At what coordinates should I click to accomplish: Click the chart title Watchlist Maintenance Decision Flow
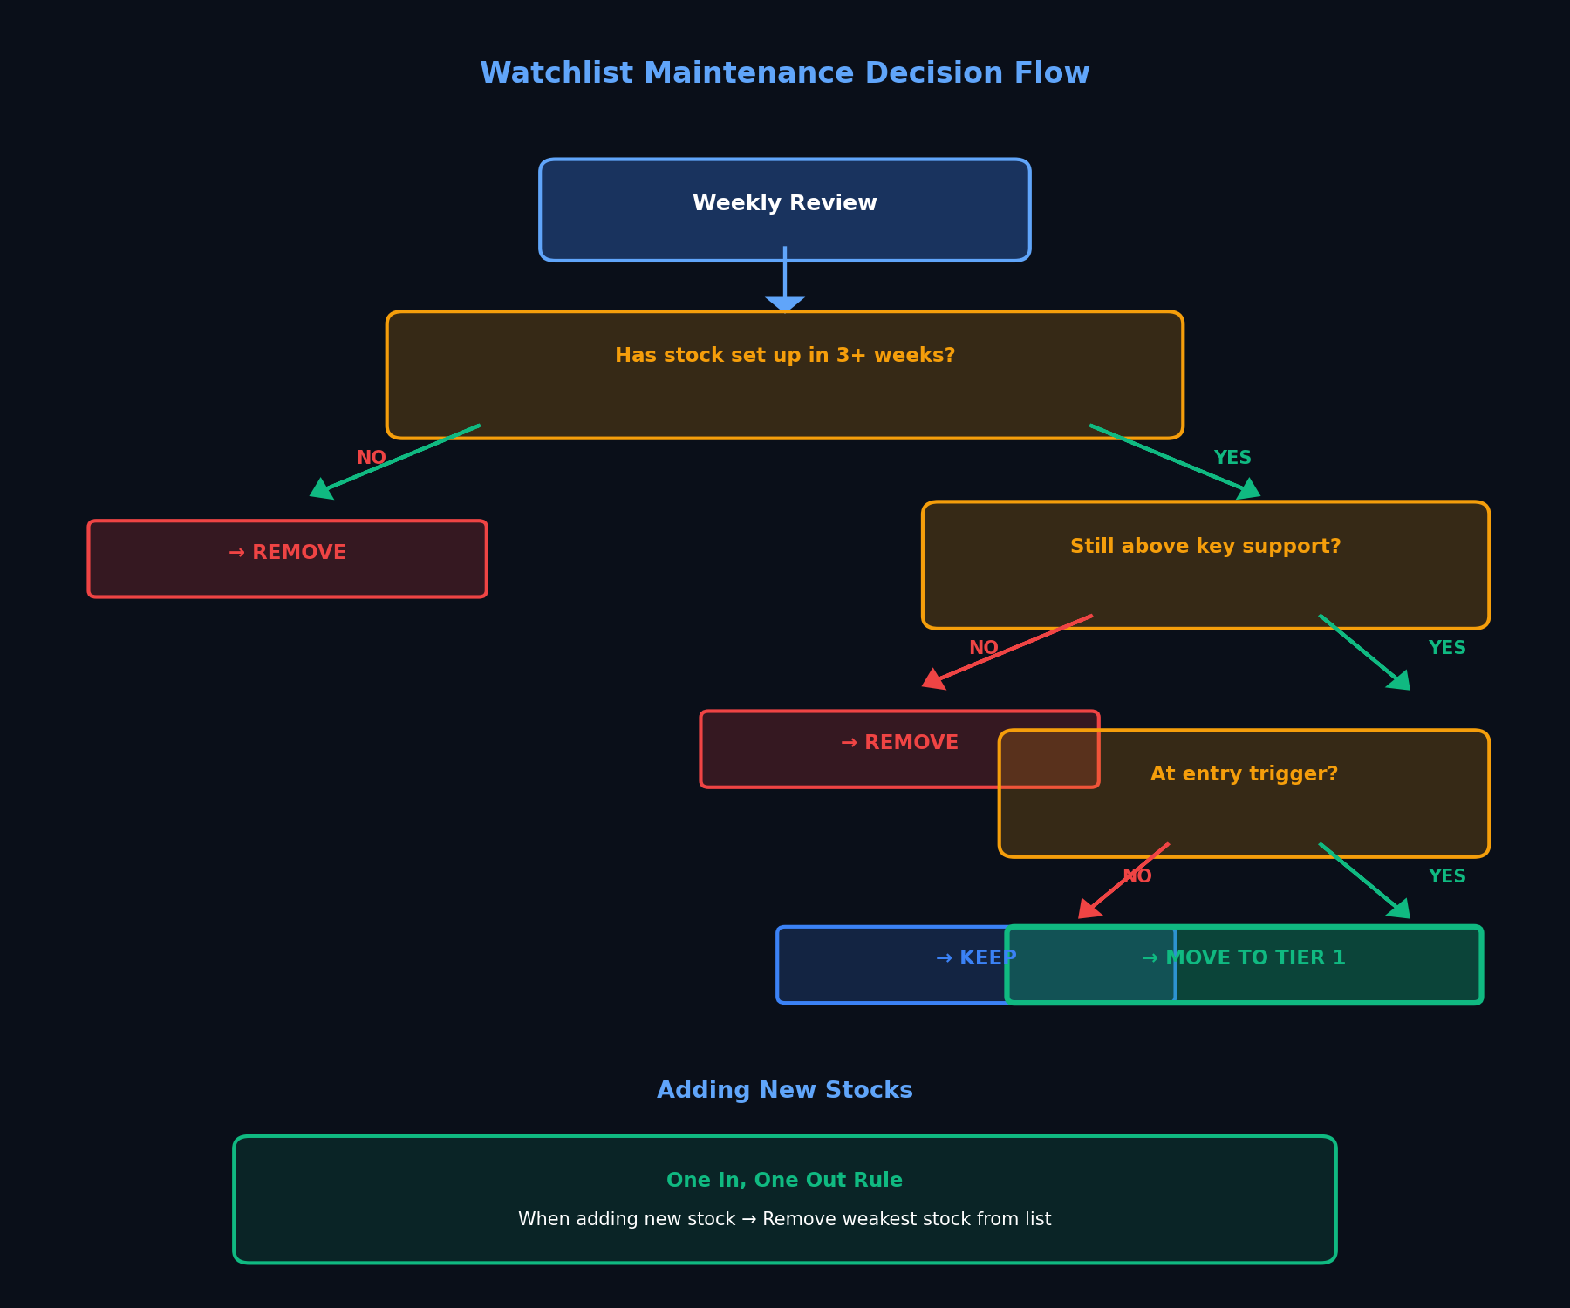[784, 73]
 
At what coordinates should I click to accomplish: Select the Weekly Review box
[784, 209]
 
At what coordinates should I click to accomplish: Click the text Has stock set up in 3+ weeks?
[784, 356]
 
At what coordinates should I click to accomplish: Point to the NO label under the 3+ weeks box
[371, 458]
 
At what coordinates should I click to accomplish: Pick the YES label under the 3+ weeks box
[1232, 458]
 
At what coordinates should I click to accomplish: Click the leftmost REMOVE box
[287, 558]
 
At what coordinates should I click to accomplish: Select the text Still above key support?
[1205, 547]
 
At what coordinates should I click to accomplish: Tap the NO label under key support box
[983, 648]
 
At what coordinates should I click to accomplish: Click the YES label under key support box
[1446, 648]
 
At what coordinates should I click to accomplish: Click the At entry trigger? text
[1243, 774]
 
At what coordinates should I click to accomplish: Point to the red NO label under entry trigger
[1137, 876]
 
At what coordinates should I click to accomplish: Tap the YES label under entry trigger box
[1446, 876]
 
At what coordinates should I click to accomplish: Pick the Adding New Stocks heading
[784, 1091]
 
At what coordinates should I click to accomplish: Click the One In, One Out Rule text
[784, 1181]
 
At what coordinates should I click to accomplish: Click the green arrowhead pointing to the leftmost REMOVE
[321, 490]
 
